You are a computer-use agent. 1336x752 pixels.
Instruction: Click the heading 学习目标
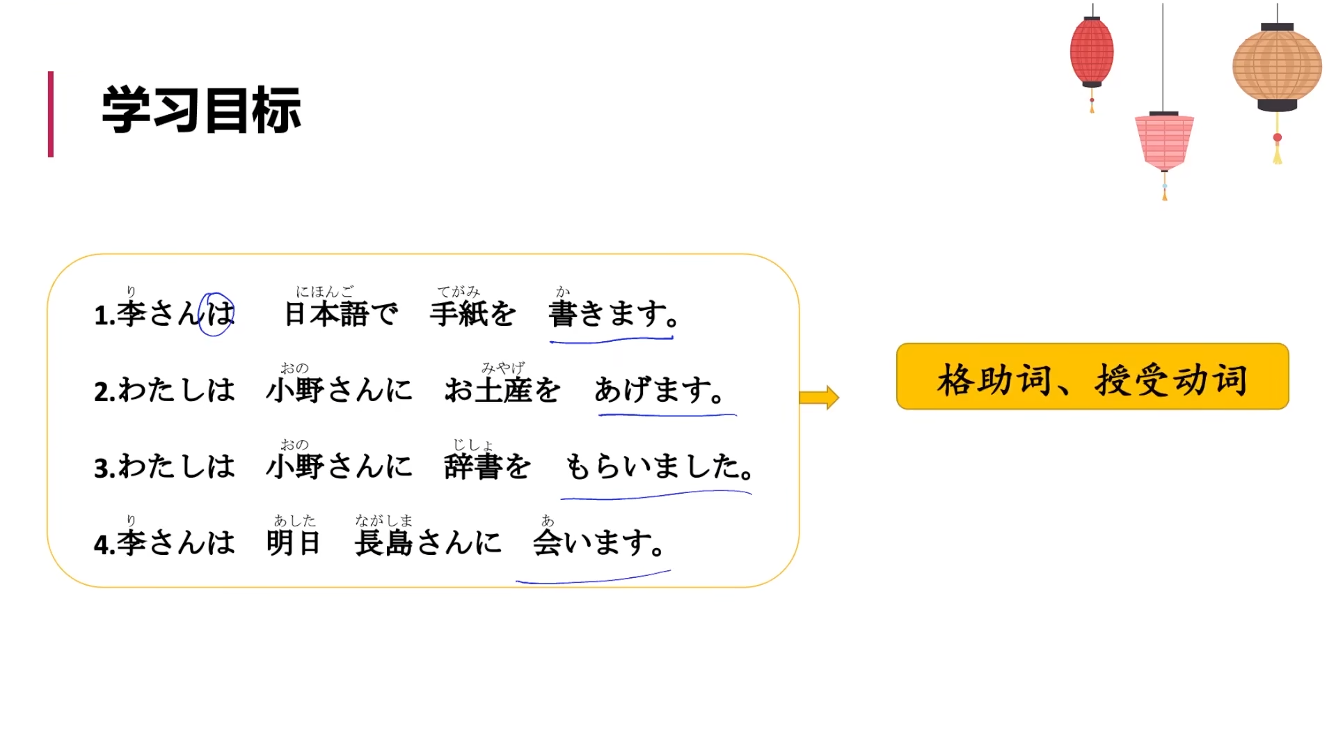click(x=201, y=110)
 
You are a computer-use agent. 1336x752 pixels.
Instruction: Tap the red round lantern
click(x=1091, y=52)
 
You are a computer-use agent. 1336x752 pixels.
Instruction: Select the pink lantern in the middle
click(x=1164, y=142)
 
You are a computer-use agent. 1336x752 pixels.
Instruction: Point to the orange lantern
click(x=1277, y=67)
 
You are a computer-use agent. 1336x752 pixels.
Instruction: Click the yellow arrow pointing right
click(x=819, y=398)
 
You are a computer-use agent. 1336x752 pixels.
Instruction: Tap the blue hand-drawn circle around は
click(x=216, y=314)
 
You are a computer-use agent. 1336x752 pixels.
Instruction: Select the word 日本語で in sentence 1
click(x=341, y=314)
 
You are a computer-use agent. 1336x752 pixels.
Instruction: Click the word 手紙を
click(x=472, y=314)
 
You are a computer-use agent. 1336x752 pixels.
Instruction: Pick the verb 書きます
click(x=612, y=314)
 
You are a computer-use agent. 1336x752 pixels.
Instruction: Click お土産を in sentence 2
click(x=502, y=390)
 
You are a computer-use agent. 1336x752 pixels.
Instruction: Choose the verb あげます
click(x=658, y=390)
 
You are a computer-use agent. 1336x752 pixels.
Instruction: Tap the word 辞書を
click(x=487, y=466)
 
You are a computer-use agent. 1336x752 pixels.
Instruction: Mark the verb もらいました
click(x=658, y=466)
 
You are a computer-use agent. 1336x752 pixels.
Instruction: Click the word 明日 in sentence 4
click(x=293, y=542)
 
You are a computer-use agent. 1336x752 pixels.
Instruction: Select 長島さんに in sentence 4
click(x=427, y=542)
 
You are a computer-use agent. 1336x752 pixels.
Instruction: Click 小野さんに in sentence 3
click(x=339, y=466)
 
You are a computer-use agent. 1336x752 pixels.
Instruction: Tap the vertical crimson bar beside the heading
click(x=51, y=113)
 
